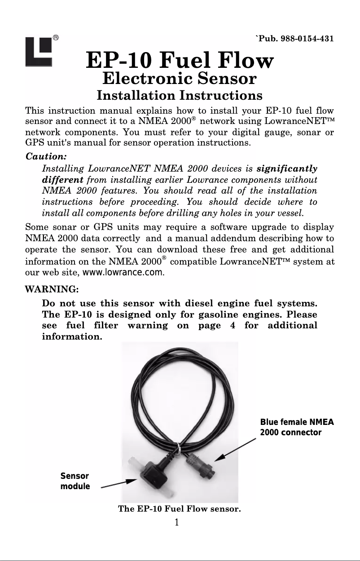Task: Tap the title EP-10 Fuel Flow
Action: [180, 61]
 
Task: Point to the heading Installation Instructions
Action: [180, 96]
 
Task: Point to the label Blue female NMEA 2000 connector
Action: [297, 427]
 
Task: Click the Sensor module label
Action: [75, 481]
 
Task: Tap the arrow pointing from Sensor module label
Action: [119, 483]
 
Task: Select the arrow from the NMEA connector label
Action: [236, 449]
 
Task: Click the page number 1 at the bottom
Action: [177, 522]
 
